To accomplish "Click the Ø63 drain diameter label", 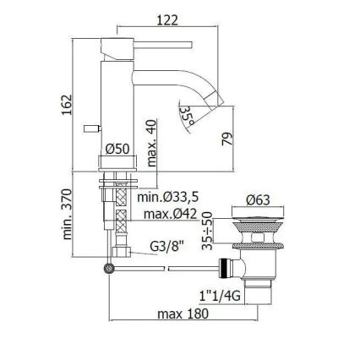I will [259, 200].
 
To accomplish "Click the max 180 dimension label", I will [185, 314].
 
